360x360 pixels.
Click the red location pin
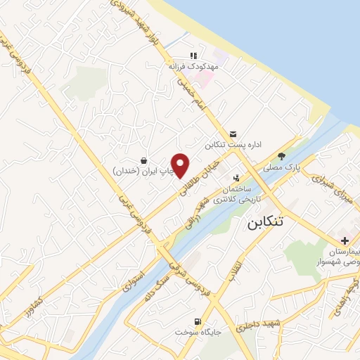(181, 165)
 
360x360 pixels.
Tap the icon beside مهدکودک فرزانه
(193, 56)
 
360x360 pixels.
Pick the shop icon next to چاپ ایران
(143, 160)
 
